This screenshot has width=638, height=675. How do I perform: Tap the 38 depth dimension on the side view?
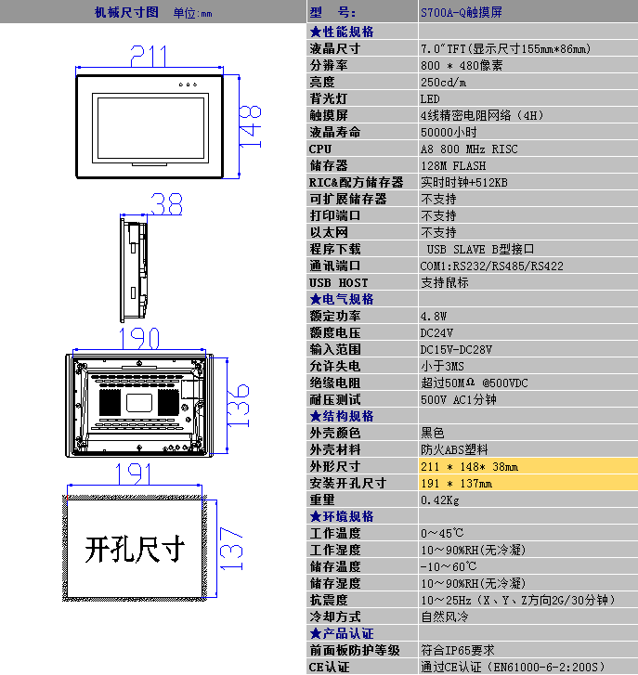click(166, 203)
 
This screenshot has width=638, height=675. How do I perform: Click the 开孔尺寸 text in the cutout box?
click(134, 549)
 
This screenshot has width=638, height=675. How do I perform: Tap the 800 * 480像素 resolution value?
click(462, 65)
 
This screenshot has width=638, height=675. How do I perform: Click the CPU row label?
click(319, 149)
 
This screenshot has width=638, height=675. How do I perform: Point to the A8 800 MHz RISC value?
click(469, 149)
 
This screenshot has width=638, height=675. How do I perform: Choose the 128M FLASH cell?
click(452, 165)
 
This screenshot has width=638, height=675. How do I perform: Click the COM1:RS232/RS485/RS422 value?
click(491, 266)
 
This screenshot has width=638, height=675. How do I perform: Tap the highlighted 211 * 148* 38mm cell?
click(469, 466)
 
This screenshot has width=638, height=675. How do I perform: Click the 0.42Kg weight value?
click(440, 500)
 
